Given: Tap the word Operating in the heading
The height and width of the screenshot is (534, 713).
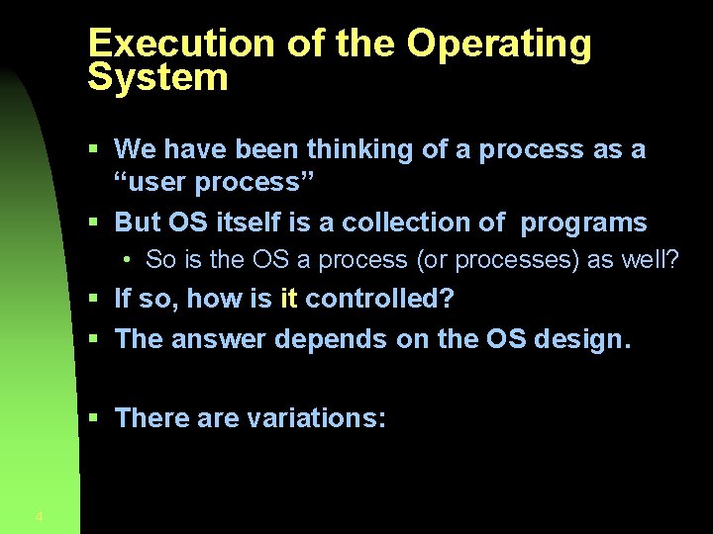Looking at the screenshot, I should tap(499, 45).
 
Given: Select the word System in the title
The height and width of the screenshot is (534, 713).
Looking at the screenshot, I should tap(157, 78).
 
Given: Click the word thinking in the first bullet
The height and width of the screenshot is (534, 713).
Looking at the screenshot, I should tap(359, 149).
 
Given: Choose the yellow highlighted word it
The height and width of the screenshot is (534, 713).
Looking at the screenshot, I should tap(288, 298).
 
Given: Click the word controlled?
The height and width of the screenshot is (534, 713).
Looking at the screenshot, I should tap(379, 298).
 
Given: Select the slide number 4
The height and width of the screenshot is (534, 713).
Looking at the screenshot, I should tap(39, 516).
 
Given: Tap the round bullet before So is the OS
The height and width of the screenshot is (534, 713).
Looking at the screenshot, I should tap(129, 260).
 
